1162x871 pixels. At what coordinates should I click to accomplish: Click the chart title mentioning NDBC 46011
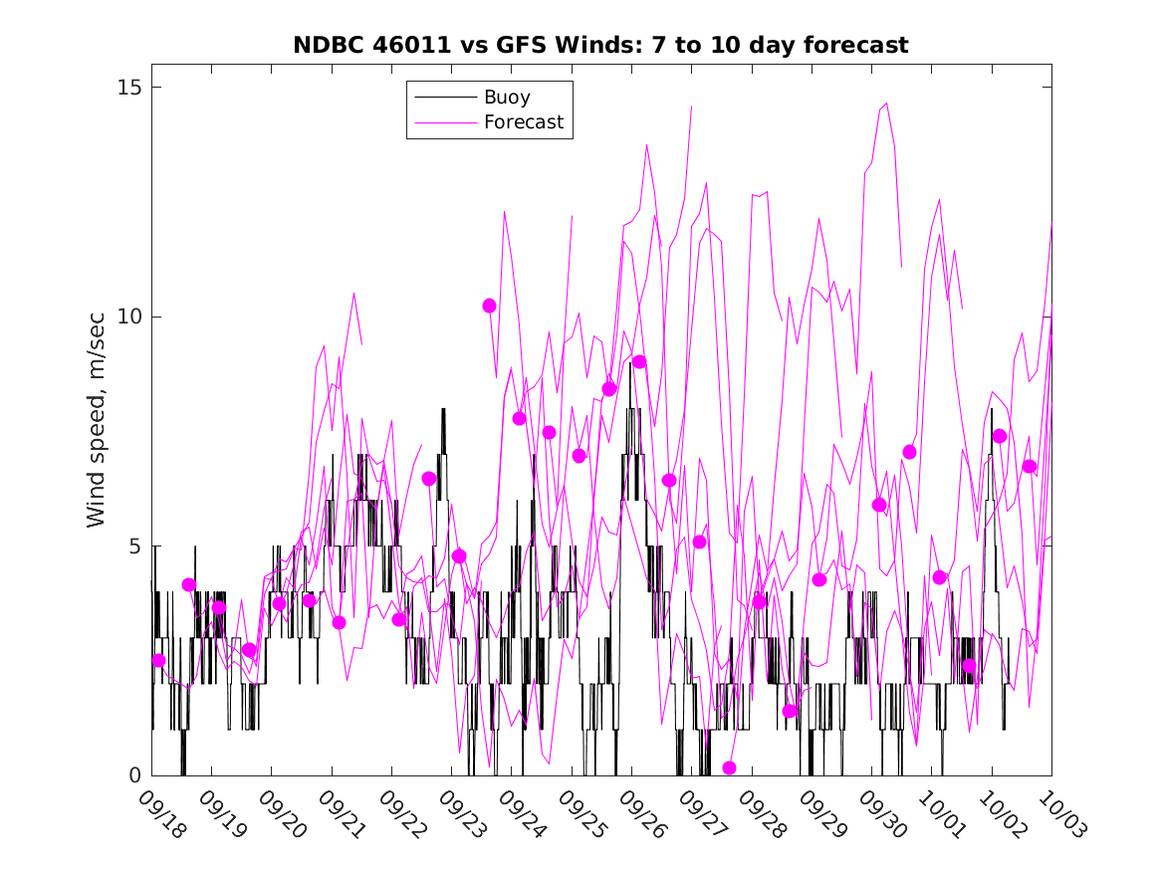pos(600,46)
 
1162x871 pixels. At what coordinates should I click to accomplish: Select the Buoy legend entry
pos(506,98)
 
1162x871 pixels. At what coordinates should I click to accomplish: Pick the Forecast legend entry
pos(523,122)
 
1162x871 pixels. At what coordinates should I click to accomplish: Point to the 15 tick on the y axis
pos(128,88)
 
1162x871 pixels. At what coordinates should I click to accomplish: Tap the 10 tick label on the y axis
pos(128,317)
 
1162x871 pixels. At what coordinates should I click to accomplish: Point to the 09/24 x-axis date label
pos(523,815)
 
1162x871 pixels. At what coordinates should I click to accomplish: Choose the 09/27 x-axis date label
pos(703,815)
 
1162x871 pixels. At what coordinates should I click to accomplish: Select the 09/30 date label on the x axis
pos(883,815)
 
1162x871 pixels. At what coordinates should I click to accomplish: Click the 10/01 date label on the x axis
pos(943,815)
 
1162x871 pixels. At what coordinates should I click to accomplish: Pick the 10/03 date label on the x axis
pos(1062,815)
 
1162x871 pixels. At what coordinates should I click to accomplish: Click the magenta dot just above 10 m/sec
pos(489,306)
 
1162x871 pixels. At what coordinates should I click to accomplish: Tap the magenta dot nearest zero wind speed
pos(729,767)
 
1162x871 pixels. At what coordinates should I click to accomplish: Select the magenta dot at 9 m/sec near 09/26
pos(639,361)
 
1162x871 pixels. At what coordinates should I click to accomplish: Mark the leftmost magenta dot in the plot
pos(158,660)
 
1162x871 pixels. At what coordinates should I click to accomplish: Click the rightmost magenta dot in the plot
pos(1030,466)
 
